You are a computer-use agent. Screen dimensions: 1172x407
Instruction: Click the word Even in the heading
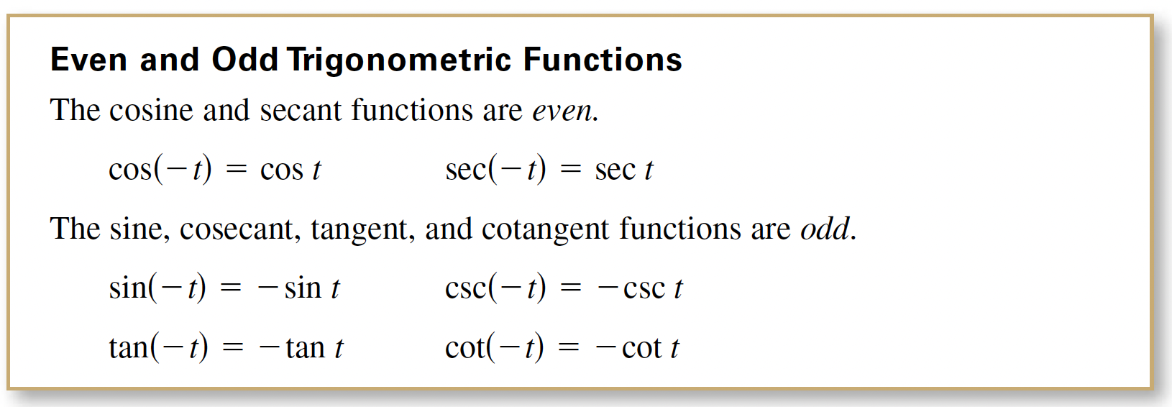click(88, 59)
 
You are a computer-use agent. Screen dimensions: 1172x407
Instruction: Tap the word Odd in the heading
click(244, 59)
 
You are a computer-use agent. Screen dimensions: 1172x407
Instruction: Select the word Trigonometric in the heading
click(398, 60)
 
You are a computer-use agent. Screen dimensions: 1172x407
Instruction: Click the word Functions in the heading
click(603, 59)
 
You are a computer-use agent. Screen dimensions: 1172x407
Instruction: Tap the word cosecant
click(238, 229)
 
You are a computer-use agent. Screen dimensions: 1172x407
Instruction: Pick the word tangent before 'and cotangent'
click(360, 230)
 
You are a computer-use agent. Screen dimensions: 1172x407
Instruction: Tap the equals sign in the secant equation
click(570, 170)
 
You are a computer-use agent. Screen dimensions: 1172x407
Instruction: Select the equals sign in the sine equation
click(230, 288)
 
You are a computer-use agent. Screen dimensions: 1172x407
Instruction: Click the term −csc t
click(640, 288)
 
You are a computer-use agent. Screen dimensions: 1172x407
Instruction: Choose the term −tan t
click(301, 348)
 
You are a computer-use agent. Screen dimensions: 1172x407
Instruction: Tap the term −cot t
click(637, 348)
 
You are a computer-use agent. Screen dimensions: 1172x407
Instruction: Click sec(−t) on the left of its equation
click(495, 170)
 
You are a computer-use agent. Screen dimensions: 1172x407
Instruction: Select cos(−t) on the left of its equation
click(160, 170)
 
